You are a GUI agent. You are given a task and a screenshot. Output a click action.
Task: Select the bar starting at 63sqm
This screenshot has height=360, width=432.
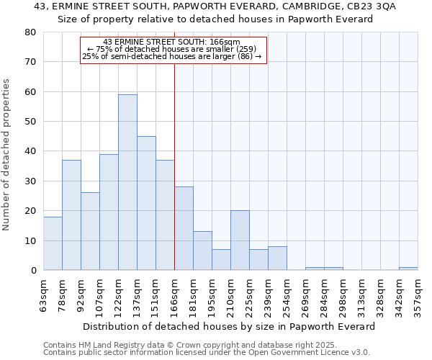pos(53,243)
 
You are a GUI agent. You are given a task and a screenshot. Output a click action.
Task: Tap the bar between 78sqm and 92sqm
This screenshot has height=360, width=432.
pos(71,215)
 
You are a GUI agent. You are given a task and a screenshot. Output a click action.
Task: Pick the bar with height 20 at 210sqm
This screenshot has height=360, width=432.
pos(240,240)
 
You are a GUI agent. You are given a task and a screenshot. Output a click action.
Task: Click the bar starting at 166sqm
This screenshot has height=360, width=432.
pos(184,228)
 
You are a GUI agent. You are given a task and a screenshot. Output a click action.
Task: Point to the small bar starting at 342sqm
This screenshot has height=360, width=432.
pos(408,269)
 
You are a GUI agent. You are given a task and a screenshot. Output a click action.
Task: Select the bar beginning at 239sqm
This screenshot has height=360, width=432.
pos(277,258)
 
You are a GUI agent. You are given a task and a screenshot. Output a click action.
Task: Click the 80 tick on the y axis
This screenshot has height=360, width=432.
pos(30,32)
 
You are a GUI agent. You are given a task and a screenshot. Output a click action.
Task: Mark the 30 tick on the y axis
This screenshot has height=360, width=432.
pos(30,181)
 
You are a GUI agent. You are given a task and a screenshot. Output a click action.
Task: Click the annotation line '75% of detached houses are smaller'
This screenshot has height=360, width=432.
pos(174,49)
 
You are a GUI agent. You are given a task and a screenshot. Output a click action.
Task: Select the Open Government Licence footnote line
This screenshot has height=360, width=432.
pos(207,353)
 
